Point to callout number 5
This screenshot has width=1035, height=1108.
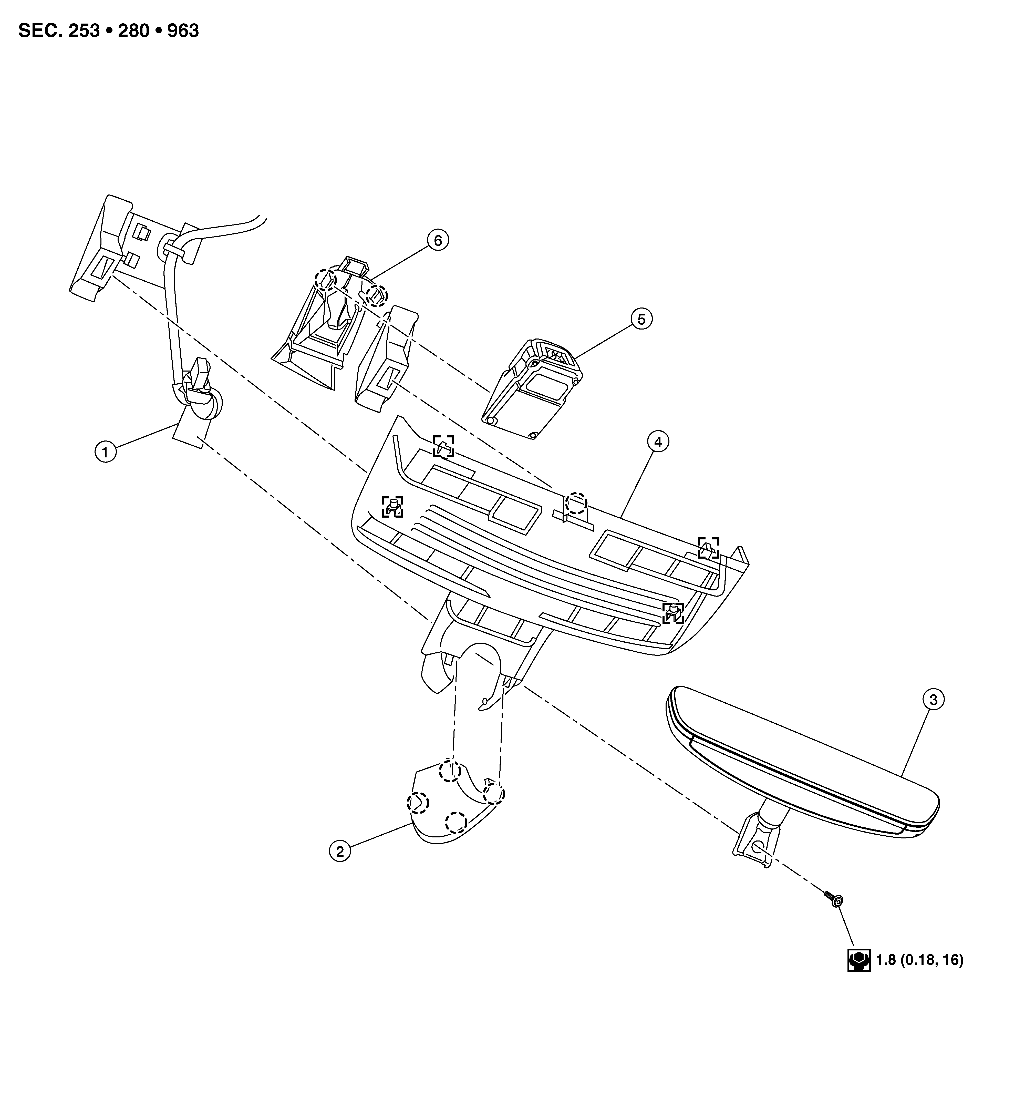point(641,319)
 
